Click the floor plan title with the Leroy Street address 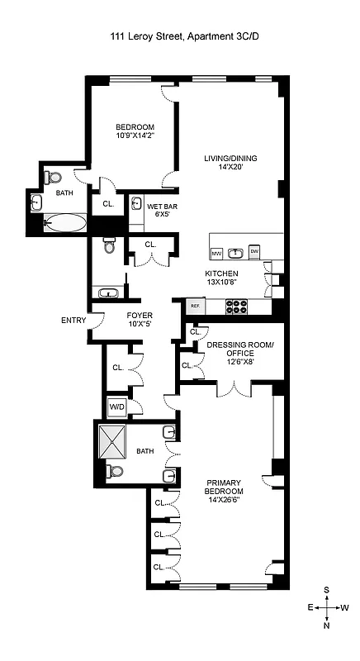179,36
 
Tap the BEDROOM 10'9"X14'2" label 135,131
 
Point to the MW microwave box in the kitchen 217,253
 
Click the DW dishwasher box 254,252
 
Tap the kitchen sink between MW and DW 236,253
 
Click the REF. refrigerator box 196,306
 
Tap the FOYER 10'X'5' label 140,320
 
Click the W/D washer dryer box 116,407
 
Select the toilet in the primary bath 115,472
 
